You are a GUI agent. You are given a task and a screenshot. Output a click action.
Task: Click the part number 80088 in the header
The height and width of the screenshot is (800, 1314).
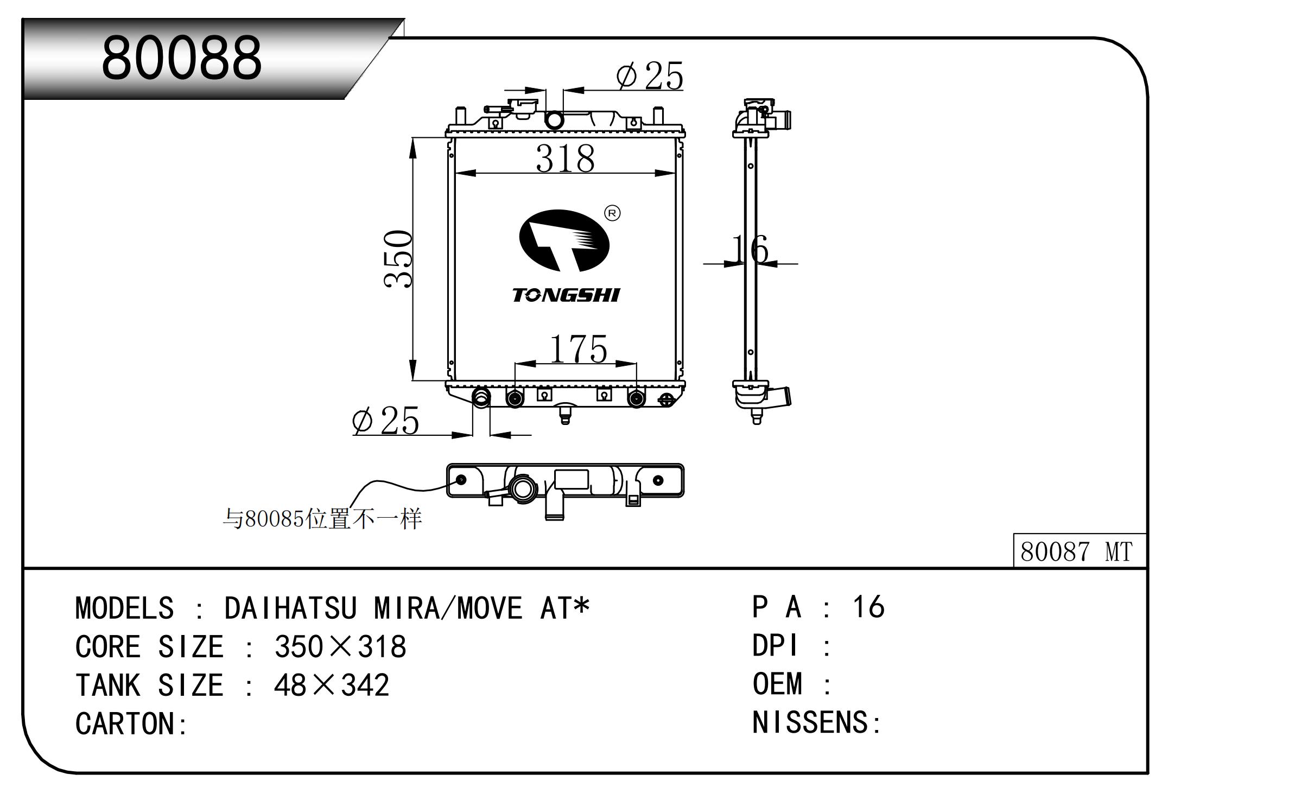pos(181,58)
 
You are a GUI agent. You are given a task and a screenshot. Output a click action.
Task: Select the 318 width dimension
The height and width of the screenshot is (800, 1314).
pos(565,158)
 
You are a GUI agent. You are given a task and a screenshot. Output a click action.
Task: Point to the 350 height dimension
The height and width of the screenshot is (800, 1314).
pos(398,259)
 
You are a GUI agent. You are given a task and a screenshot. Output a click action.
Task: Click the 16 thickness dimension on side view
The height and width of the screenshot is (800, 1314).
pos(750,249)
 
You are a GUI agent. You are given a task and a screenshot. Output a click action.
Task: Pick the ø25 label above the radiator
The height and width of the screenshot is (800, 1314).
pos(649,76)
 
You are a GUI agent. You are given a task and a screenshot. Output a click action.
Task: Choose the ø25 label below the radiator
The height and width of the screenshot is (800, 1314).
pos(385,421)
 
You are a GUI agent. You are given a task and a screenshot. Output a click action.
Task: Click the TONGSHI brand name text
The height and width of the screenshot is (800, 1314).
pos(566,295)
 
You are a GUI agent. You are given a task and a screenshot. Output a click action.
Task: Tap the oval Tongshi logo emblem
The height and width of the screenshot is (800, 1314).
pos(564,240)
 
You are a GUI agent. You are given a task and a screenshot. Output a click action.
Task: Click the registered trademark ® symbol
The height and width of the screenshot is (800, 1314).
pos(612,214)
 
